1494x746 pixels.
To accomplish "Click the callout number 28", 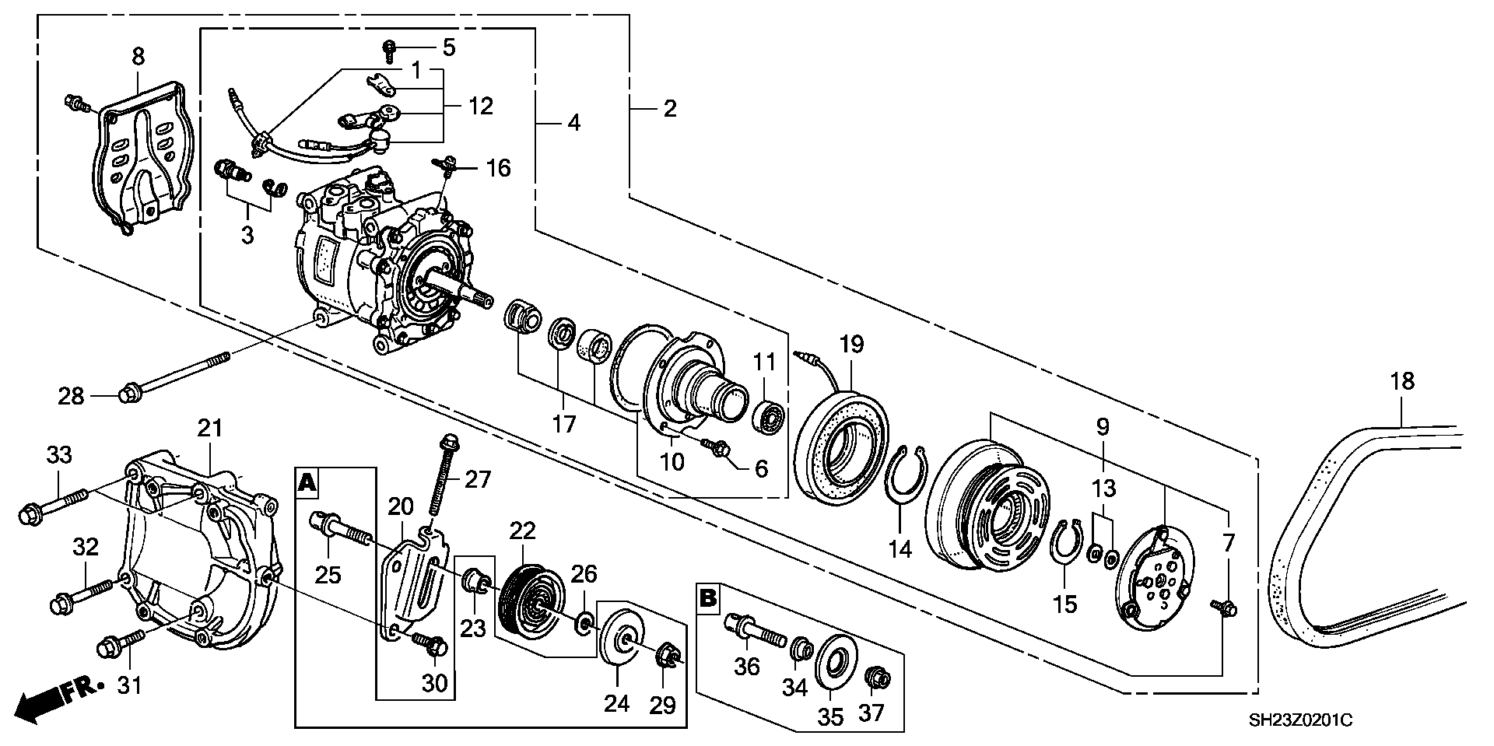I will (71, 397).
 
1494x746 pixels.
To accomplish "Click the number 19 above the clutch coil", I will (851, 345).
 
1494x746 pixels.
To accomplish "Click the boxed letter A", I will (307, 484).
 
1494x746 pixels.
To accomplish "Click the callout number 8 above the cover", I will (138, 56).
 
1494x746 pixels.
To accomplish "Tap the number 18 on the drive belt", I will (1401, 381).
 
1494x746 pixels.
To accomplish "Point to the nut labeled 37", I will (878, 678).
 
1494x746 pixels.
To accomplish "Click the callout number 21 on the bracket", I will (210, 429).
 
